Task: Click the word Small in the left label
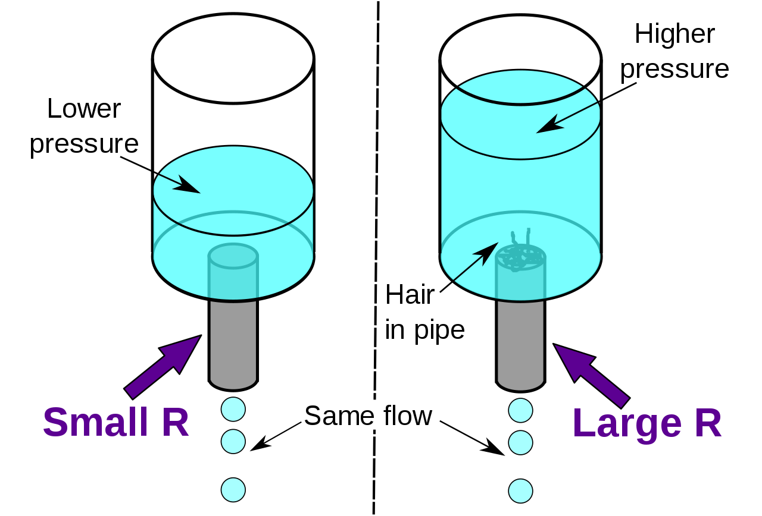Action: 95,423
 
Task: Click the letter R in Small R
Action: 175,423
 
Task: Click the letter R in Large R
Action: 708,423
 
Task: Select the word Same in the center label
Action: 339,416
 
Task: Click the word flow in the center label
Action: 408,416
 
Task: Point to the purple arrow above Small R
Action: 164,366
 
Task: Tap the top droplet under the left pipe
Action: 233,410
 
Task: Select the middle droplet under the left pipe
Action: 233,441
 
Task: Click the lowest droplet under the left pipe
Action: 233,490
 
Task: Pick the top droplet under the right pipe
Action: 520,411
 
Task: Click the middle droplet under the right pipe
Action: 520,442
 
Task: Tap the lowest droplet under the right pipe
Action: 520,491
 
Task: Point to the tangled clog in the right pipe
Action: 520,256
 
